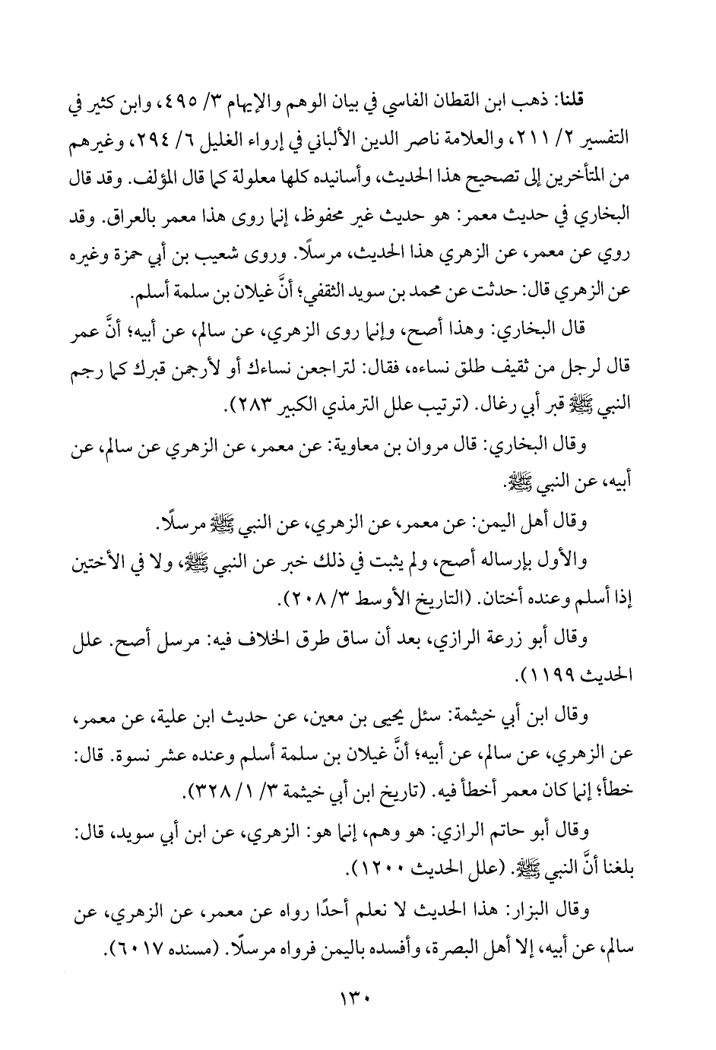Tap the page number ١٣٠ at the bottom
click(x=358, y=992)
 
